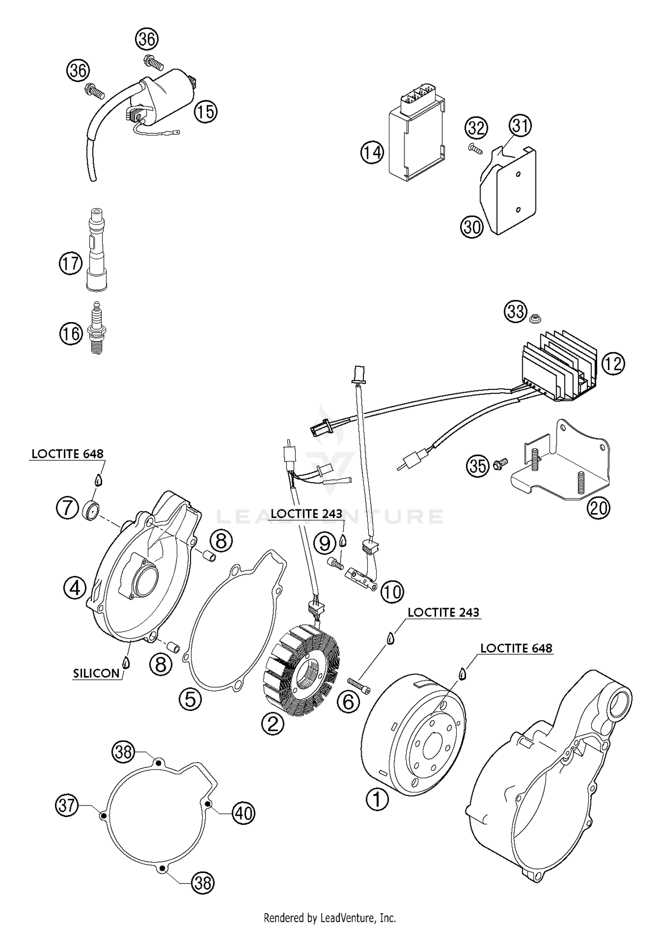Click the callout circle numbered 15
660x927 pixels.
(206, 112)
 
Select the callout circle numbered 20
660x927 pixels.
(598, 508)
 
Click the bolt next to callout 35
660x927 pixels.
(501, 462)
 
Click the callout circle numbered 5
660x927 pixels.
(190, 699)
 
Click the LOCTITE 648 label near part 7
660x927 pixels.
(67, 454)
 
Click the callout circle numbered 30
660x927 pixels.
(472, 227)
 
